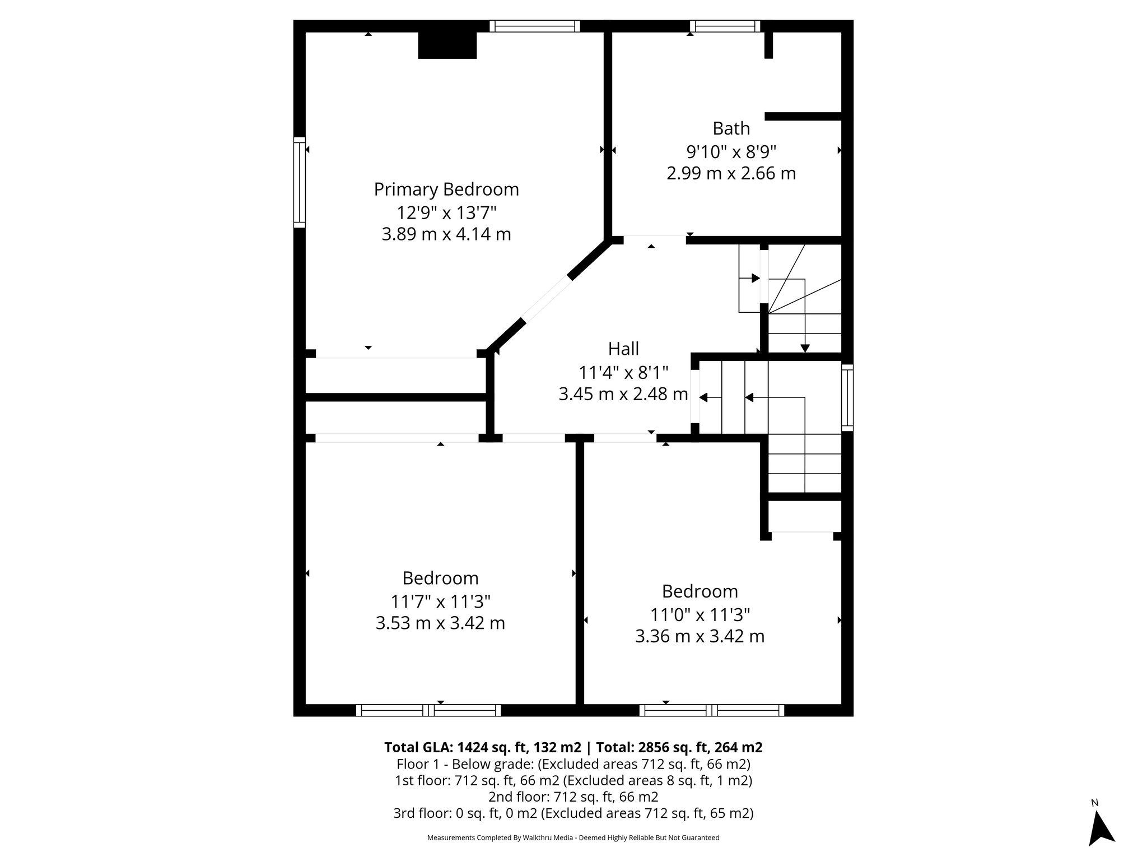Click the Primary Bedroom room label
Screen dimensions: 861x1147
tap(446, 189)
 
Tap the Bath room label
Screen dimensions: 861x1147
tap(731, 128)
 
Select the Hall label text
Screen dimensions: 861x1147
tap(623, 349)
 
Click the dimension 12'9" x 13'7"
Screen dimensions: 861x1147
tap(446, 212)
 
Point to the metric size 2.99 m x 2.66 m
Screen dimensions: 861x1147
tap(731, 173)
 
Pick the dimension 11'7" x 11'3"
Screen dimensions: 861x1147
tap(440, 601)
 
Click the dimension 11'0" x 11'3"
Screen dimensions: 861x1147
tap(700, 615)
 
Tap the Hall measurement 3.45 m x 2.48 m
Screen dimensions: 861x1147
tap(623, 394)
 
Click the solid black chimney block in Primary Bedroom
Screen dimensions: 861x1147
tap(447, 45)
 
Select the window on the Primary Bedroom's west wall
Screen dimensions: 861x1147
tap(300, 182)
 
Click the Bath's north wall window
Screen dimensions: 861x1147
tap(725, 26)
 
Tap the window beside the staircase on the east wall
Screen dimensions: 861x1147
tap(847, 397)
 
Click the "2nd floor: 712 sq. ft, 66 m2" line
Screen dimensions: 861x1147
tap(573, 797)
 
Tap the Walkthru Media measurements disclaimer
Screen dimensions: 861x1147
tap(573, 837)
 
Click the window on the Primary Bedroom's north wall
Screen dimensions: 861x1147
tap(534, 26)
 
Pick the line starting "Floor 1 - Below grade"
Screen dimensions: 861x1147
tap(573, 764)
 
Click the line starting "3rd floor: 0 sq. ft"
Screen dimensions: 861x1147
tap(573, 813)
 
